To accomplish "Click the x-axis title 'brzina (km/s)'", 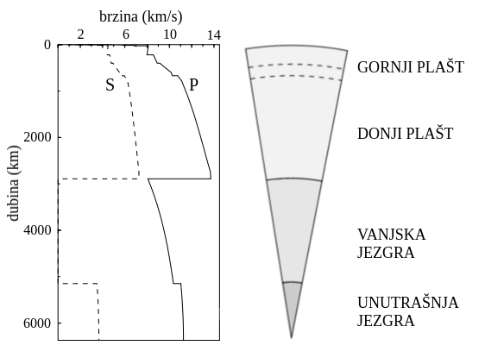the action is tap(141, 16).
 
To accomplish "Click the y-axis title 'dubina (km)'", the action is tap(13, 183).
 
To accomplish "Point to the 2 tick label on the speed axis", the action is tap(81, 35).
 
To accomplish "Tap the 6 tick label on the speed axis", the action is tap(126, 35).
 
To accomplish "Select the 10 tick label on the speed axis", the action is tap(170, 35).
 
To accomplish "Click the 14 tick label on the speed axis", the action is tap(214, 35).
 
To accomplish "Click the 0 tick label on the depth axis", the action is tap(47, 45).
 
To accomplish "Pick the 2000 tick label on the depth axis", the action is tap(37, 137).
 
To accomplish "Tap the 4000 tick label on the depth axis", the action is tap(37, 230).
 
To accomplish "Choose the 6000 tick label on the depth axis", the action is tap(37, 323).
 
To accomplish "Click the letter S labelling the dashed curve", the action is tap(110, 85).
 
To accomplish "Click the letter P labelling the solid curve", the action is tap(193, 85).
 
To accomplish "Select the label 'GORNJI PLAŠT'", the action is tap(411, 66).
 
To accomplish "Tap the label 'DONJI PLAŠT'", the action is tap(406, 134).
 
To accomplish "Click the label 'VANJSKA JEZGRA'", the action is tap(392, 243).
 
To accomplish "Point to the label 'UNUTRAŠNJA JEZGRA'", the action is tap(408, 311).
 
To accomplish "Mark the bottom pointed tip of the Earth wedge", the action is tap(292, 337).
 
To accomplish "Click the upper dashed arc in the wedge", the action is tap(296, 64).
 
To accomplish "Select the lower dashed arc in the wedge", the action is tap(296, 75).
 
